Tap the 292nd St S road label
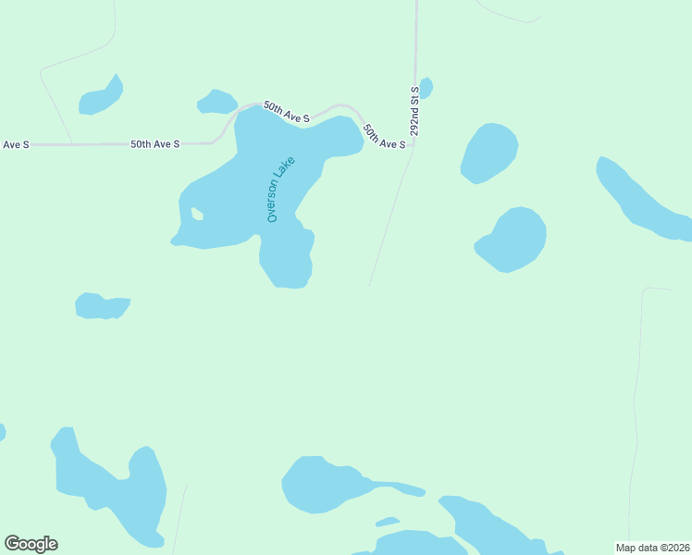(415, 111)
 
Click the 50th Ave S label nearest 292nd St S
(384, 136)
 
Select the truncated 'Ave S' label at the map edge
(16, 144)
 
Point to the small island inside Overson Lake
(197, 215)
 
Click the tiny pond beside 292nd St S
(426, 88)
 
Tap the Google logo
(31, 544)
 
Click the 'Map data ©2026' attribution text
(652, 548)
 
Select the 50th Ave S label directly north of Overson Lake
(285, 112)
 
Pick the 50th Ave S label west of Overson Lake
(154, 144)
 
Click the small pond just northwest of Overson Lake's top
(217, 101)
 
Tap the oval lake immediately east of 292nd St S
(489, 153)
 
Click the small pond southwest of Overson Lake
(101, 306)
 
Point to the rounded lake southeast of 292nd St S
(513, 239)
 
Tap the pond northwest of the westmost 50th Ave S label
(100, 97)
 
